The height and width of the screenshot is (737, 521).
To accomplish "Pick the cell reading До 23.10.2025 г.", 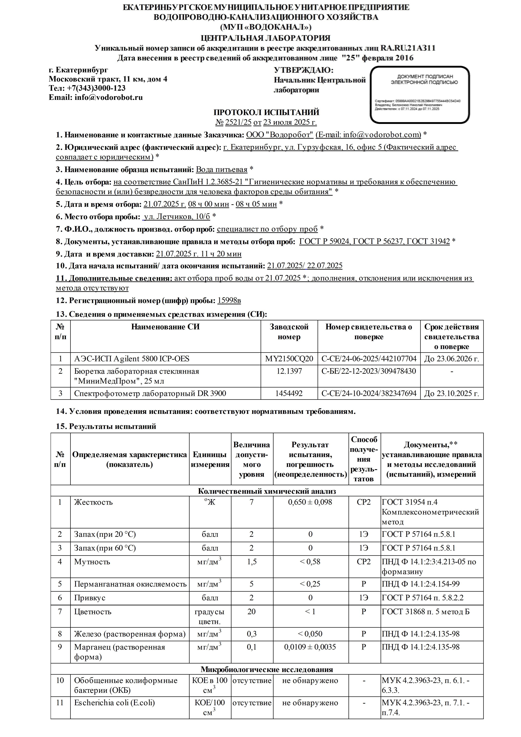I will (451, 393).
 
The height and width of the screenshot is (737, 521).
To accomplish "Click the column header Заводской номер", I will (289, 332).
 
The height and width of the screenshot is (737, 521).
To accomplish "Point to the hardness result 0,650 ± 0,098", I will (310, 502).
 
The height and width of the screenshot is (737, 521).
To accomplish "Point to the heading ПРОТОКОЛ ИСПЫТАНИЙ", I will (266, 112).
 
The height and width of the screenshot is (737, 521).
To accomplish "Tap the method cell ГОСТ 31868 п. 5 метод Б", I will (426, 611).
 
